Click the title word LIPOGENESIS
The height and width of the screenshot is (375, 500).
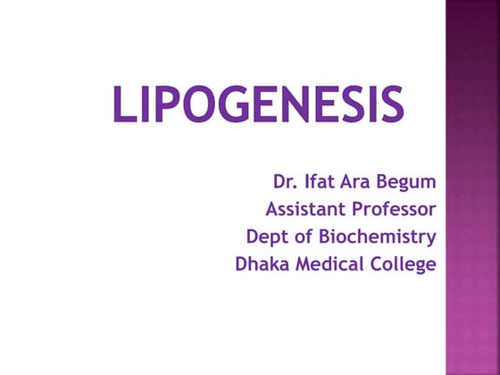[257, 105]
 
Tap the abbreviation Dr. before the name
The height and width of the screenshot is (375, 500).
[285, 183]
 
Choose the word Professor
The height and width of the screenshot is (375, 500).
[394, 210]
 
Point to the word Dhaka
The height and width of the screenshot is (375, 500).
[259, 264]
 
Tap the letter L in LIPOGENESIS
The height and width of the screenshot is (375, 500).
[123, 105]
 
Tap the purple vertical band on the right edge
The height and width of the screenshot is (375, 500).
[472, 187]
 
